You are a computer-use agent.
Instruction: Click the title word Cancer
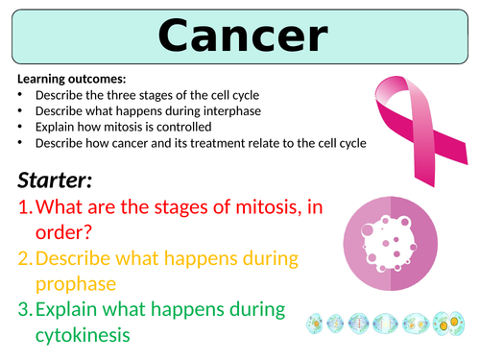tap(239, 36)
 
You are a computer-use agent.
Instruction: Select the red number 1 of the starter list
tap(24, 208)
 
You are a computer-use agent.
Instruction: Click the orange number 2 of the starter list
tap(25, 260)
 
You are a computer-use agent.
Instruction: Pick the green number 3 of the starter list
tap(25, 311)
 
